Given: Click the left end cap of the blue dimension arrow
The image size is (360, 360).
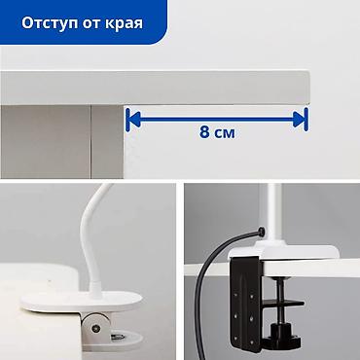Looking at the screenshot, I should [127, 119].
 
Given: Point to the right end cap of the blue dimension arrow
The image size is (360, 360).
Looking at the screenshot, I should [306, 119].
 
